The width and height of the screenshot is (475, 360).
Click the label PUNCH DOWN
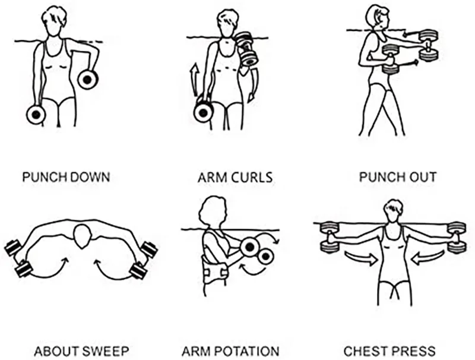pyautogui.click(x=66, y=177)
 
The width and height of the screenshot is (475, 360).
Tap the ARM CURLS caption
pyautogui.click(x=235, y=177)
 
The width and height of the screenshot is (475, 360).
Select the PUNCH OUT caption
pyautogui.click(x=398, y=177)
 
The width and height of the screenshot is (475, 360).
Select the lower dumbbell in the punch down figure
pyautogui.click(x=36, y=114)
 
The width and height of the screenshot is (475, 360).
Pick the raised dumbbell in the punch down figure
pyautogui.click(x=88, y=79)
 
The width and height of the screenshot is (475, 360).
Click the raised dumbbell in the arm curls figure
pyautogui.click(x=246, y=49)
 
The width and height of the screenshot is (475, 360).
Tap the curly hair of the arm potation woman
pyautogui.click(x=211, y=210)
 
